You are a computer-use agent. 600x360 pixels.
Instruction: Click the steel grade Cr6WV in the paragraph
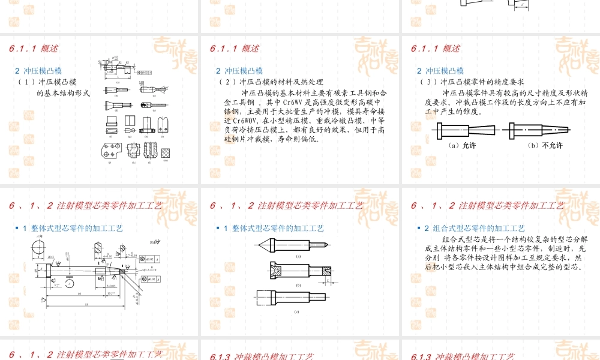tap(296, 103)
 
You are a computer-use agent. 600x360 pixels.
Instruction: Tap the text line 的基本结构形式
tap(63, 93)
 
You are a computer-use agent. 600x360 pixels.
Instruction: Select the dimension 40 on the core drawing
tap(79, 293)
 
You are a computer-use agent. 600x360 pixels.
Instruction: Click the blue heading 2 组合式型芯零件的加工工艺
tap(475, 229)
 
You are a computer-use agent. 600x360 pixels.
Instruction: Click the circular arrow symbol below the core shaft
tap(71, 282)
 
